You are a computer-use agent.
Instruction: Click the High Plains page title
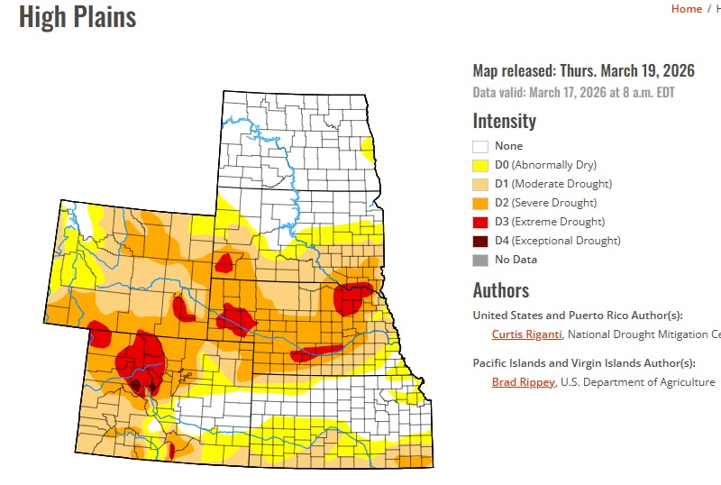click(x=78, y=16)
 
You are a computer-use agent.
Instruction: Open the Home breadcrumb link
click(x=686, y=9)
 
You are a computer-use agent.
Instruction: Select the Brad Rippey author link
click(x=523, y=382)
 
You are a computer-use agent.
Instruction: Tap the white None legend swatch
click(x=480, y=146)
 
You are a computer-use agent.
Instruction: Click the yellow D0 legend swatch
click(x=480, y=165)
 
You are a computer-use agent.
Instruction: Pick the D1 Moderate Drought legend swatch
click(x=480, y=184)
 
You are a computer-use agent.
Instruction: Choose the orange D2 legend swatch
click(x=480, y=203)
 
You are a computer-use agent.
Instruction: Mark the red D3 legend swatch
click(x=480, y=222)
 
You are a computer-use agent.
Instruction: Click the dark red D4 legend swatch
click(x=480, y=241)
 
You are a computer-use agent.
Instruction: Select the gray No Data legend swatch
click(x=480, y=260)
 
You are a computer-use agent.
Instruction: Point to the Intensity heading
click(x=504, y=121)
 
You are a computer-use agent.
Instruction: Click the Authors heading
click(x=500, y=290)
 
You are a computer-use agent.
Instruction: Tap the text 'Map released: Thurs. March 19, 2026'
click(x=585, y=72)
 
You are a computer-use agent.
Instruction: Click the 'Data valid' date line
click(x=573, y=92)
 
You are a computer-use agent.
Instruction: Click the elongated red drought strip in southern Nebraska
click(x=315, y=351)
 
